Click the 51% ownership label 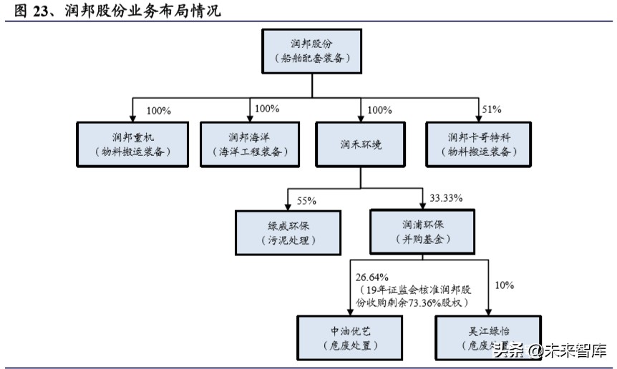[x=492, y=109]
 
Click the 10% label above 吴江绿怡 [x=504, y=285]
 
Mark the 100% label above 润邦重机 [x=158, y=111]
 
